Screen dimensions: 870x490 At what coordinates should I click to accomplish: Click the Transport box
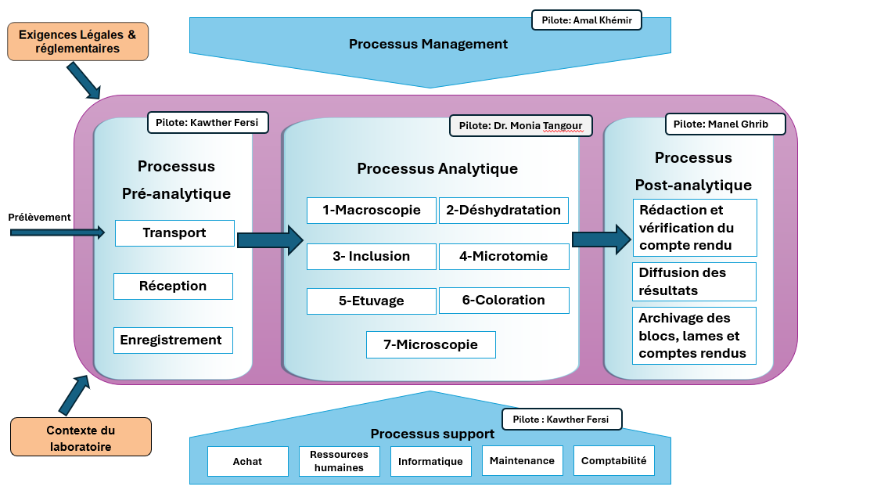pos(174,233)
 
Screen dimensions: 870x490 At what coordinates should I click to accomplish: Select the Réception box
pos(173,286)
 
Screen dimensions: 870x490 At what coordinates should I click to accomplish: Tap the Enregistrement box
pos(173,340)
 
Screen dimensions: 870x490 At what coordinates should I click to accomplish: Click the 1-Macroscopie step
pos(371,211)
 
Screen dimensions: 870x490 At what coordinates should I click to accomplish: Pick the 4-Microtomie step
pos(504,257)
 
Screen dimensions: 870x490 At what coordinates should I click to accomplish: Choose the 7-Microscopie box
pos(430,344)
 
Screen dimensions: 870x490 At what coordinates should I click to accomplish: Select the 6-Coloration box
pos(504,301)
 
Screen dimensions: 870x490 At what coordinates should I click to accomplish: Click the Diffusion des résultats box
pos(694,281)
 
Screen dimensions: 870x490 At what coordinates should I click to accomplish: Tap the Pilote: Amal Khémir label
pos(587,20)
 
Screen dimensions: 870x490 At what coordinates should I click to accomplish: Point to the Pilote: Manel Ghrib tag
pos(725,124)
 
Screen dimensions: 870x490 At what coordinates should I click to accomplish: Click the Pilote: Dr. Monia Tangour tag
pos(520,125)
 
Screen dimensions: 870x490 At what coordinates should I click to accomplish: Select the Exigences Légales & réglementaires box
pos(77,41)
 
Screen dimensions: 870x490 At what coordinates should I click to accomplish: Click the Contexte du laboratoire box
pos(81,438)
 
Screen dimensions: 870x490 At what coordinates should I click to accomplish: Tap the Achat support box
pos(248,461)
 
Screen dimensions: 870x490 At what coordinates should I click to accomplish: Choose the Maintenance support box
pos(522,460)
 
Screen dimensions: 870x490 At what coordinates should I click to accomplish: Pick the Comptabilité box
pos(613,460)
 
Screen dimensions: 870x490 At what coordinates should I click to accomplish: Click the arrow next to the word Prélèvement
pos(57,232)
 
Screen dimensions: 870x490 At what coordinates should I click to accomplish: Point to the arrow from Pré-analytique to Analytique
pos(270,240)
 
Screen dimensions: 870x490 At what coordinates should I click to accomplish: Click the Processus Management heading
pos(428,44)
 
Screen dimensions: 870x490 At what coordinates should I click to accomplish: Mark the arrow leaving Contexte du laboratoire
pos(74,395)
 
